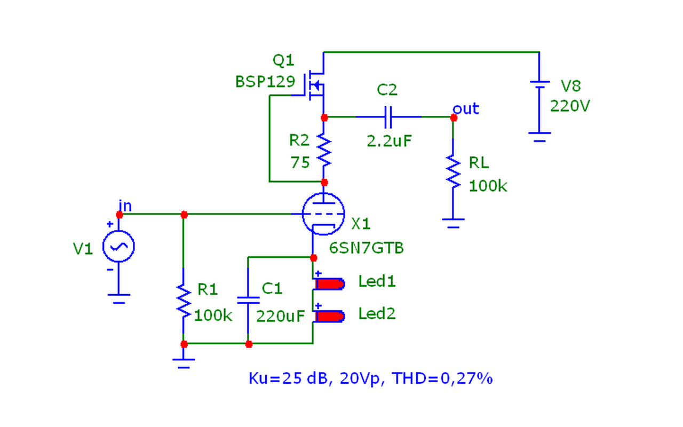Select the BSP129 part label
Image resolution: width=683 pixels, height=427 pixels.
pos(265,82)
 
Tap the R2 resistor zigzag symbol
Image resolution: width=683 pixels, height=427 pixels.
pos(324,150)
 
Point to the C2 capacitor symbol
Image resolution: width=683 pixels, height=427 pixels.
pos(388,116)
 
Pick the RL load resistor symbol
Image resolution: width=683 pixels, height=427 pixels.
pos(453,171)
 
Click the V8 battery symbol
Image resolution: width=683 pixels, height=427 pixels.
pos(539,83)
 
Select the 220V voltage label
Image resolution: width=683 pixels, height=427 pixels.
pos(570,106)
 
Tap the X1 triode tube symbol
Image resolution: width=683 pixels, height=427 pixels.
pos(323,214)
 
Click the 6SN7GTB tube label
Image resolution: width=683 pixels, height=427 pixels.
pos(367,248)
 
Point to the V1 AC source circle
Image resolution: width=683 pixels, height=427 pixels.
pos(118,246)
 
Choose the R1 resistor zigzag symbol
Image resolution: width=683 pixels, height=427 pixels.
pos(184,301)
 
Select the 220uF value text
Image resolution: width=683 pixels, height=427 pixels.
pos(280,316)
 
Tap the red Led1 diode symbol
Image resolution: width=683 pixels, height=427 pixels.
pos(330,283)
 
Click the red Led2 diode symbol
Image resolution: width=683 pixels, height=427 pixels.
pos(330,316)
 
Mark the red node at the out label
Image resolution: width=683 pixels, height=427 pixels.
pos(454,117)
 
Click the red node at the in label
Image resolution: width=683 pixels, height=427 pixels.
pos(120,215)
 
